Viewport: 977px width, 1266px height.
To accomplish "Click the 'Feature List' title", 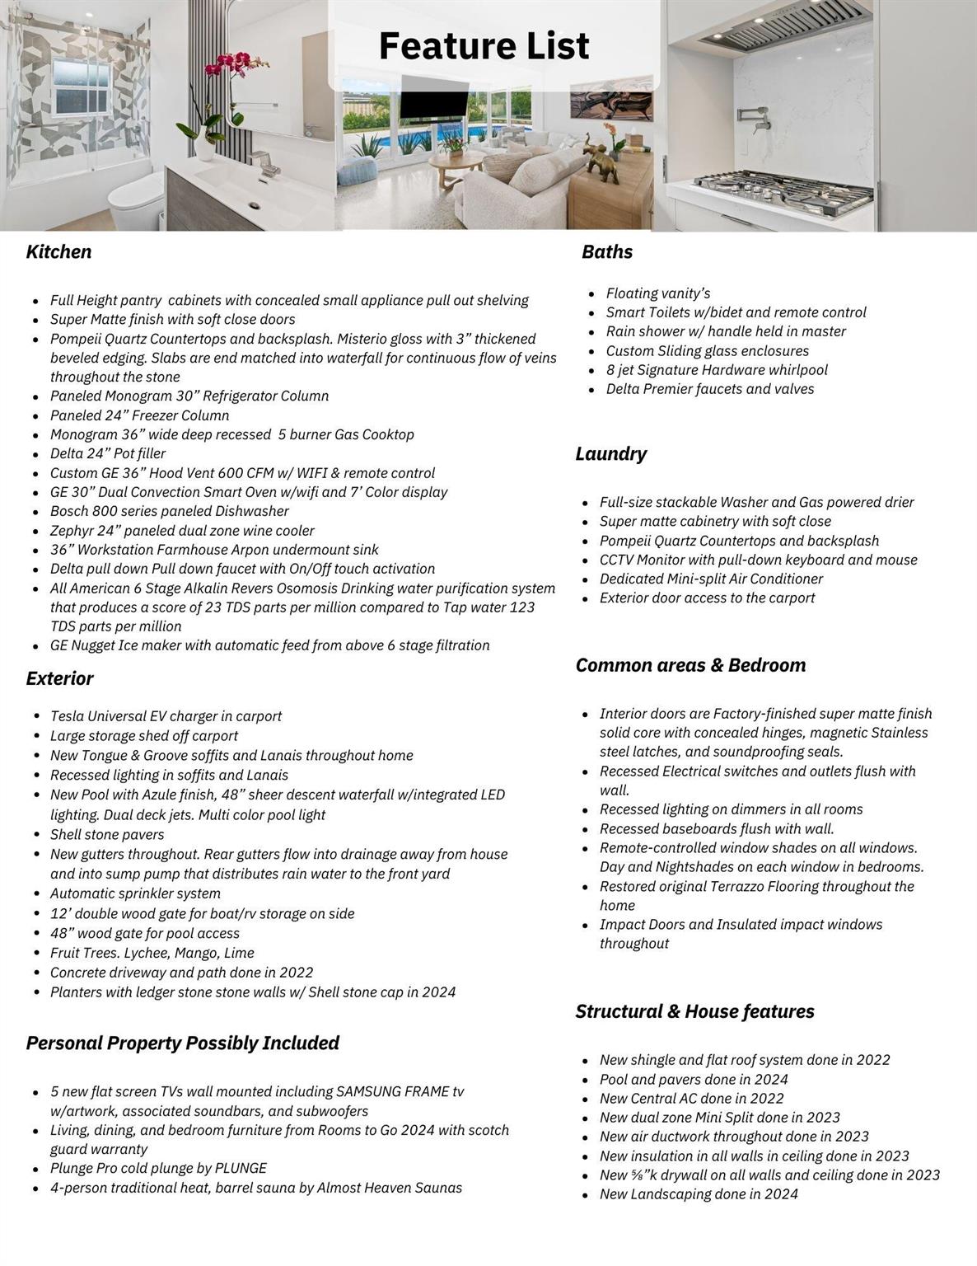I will click(484, 46).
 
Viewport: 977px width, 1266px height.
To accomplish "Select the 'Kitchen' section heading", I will click(58, 252).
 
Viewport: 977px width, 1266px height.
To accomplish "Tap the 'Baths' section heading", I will click(607, 252).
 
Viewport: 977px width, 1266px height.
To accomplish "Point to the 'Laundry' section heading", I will click(610, 454).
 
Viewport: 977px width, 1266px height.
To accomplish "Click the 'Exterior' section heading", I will click(59, 679).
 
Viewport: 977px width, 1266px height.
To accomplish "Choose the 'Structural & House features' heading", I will click(694, 1012).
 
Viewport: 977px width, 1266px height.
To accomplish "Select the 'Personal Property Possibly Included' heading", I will click(182, 1043).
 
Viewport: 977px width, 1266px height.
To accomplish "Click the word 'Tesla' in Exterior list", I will click(67, 716).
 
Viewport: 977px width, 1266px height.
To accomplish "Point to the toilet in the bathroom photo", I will click(137, 198).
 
